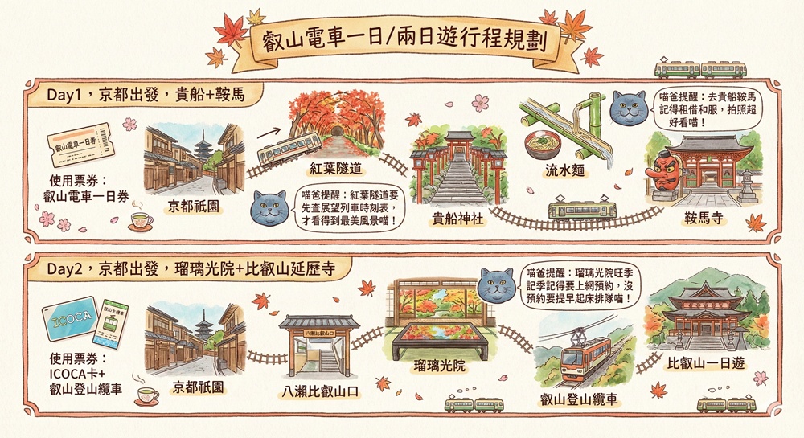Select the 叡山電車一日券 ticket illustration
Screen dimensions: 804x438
(80, 145)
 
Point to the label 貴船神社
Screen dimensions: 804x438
(458, 219)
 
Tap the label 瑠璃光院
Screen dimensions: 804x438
(440, 366)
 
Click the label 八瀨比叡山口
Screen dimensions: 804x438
(320, 393)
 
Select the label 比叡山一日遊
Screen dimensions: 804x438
(706, 363)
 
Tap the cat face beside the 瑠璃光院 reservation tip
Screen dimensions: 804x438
(496, 284)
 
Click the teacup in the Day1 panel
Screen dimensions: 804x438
(141, 222)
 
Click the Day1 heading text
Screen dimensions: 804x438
(146, 96)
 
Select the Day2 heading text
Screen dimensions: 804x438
(191, 269)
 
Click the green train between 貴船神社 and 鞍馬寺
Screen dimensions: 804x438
(582, 210)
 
